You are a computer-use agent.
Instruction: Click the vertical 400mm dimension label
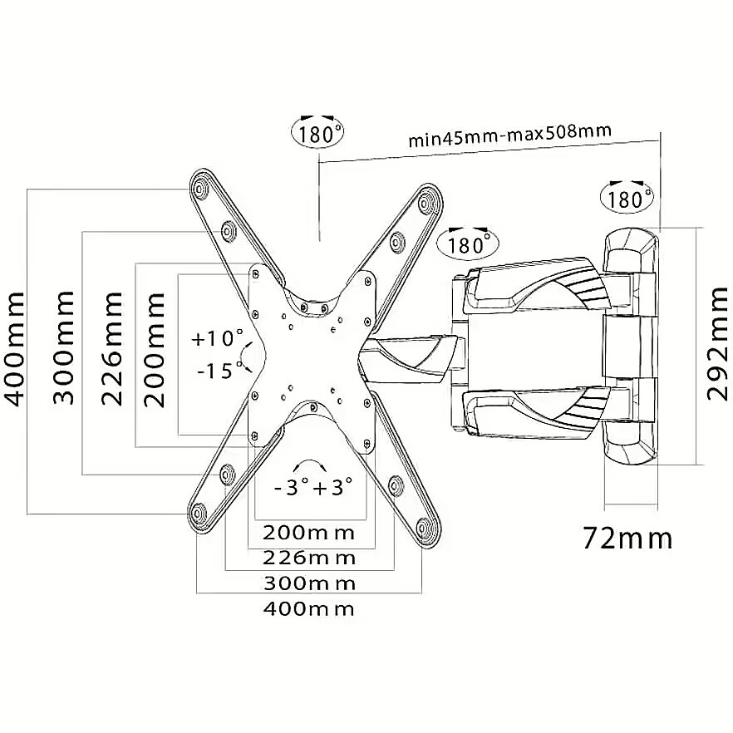[x=13, y=349]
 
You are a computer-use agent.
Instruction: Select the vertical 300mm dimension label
[x=63, y=347]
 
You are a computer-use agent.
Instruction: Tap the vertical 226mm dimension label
[x=111, y=349]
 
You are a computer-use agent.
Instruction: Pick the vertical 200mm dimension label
[x=155, y=350]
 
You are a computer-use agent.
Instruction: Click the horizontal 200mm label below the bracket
[x=308, y=533]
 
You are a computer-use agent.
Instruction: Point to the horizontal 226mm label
[x=309, y=558]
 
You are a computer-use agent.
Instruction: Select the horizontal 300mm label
[x=309, y=583]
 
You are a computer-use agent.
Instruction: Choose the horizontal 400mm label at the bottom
[x=309, y=608]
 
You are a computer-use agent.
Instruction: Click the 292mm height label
[x=717, y=343]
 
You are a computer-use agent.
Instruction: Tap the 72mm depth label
[x=627, y=539]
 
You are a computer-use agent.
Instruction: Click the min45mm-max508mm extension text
[x=510, y=135]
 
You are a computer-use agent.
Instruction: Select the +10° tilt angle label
[x=218, y=338]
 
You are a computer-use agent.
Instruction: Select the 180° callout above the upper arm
[x=467, y=243]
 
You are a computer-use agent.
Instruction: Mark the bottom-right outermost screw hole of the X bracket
[x=424, y=529]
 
